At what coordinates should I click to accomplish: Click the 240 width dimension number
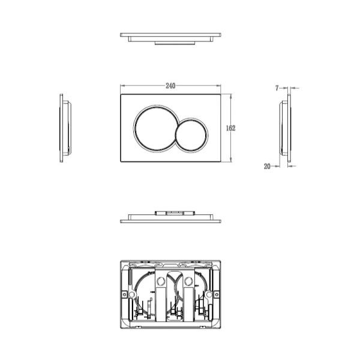coord(170,86)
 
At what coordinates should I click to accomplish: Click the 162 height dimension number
coord(230,128)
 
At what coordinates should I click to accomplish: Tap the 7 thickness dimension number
coord(277,88)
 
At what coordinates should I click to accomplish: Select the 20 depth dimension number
coord(267,166)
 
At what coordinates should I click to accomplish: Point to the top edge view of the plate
coord(170,38)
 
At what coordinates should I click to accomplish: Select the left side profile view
coord(65,128)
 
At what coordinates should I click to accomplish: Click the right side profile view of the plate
coord(285,128)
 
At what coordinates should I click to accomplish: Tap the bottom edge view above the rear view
coord(170,217)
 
